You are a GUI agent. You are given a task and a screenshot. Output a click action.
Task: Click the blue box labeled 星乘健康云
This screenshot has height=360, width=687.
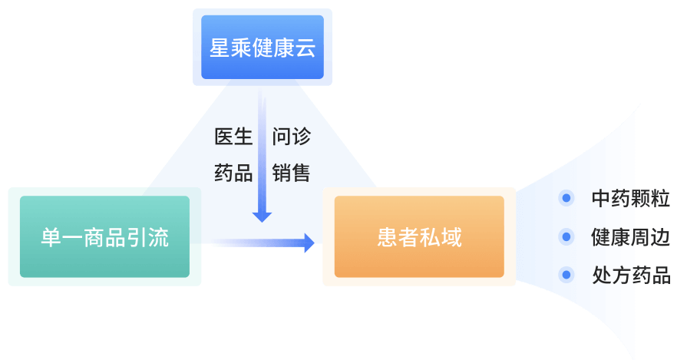[263, 47]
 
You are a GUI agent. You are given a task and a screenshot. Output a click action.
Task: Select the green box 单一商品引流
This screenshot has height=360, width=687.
[104, 236]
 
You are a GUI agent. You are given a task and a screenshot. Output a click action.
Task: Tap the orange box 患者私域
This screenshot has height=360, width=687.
[419, 236]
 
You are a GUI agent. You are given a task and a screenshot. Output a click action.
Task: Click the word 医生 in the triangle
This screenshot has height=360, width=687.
[233, 137]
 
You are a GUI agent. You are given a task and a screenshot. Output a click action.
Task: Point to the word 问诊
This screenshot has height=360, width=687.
[291, 137]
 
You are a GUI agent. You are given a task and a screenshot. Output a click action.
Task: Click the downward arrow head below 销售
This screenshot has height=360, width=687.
[262, 216]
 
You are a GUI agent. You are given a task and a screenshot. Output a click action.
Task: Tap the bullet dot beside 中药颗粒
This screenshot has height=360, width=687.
[566, 199]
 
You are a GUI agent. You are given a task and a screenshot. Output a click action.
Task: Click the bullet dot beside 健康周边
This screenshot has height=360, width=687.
[566, 237]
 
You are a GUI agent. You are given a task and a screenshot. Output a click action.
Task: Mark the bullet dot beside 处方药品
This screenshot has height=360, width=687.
[566, 274]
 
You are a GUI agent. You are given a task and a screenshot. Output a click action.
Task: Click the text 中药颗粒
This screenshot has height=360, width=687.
[630, 199]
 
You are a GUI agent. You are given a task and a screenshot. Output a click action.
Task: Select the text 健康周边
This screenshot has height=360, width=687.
[630, 237]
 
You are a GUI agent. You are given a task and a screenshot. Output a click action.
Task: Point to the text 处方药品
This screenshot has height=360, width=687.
[630, 275]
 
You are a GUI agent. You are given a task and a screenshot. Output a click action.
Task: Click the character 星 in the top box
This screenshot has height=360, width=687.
[220, 48]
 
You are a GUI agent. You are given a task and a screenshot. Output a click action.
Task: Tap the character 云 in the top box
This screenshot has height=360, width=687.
[306, 48]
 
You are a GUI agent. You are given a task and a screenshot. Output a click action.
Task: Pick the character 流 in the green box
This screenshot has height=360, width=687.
[158, 237]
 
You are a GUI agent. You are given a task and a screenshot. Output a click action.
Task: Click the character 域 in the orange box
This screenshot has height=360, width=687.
[451, 237]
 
